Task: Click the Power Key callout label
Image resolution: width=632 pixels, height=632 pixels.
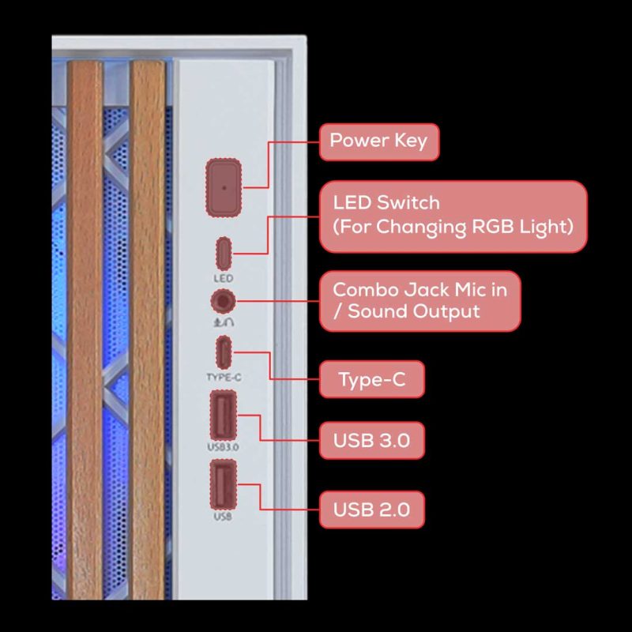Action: (x=378, y=141)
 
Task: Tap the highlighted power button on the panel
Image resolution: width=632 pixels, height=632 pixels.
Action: (x=224, y=187)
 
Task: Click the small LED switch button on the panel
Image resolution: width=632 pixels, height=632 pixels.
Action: (x=224, y=254)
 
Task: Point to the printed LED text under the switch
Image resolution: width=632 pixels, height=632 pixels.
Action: (x=224, y=279)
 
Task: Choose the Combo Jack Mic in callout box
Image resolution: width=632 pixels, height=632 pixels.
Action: (x=419, y=300)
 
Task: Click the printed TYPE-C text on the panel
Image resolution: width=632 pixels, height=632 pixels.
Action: (x=224, y=378)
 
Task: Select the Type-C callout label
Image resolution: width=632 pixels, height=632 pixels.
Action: (x=371, y=380)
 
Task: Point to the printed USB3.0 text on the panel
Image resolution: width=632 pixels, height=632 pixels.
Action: (x=224, y=447)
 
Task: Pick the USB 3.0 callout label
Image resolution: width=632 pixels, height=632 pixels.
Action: (x=371, y=440)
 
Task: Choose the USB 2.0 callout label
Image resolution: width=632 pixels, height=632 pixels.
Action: (x=371, y=510)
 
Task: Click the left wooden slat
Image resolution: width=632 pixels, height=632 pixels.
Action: (x=85, y=332)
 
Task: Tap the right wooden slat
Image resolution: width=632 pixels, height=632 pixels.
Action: (x=149, y=332)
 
